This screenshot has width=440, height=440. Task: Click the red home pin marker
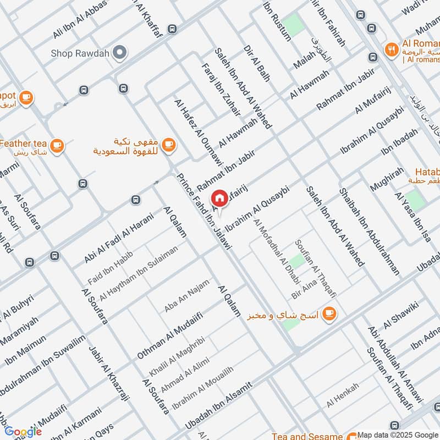(x=219, y=199)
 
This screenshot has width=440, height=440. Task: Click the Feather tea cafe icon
(x=56, y=146)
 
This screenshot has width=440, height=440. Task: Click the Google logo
(x=23, y=431)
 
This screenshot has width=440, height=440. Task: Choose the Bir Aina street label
(x=305, y=292)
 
